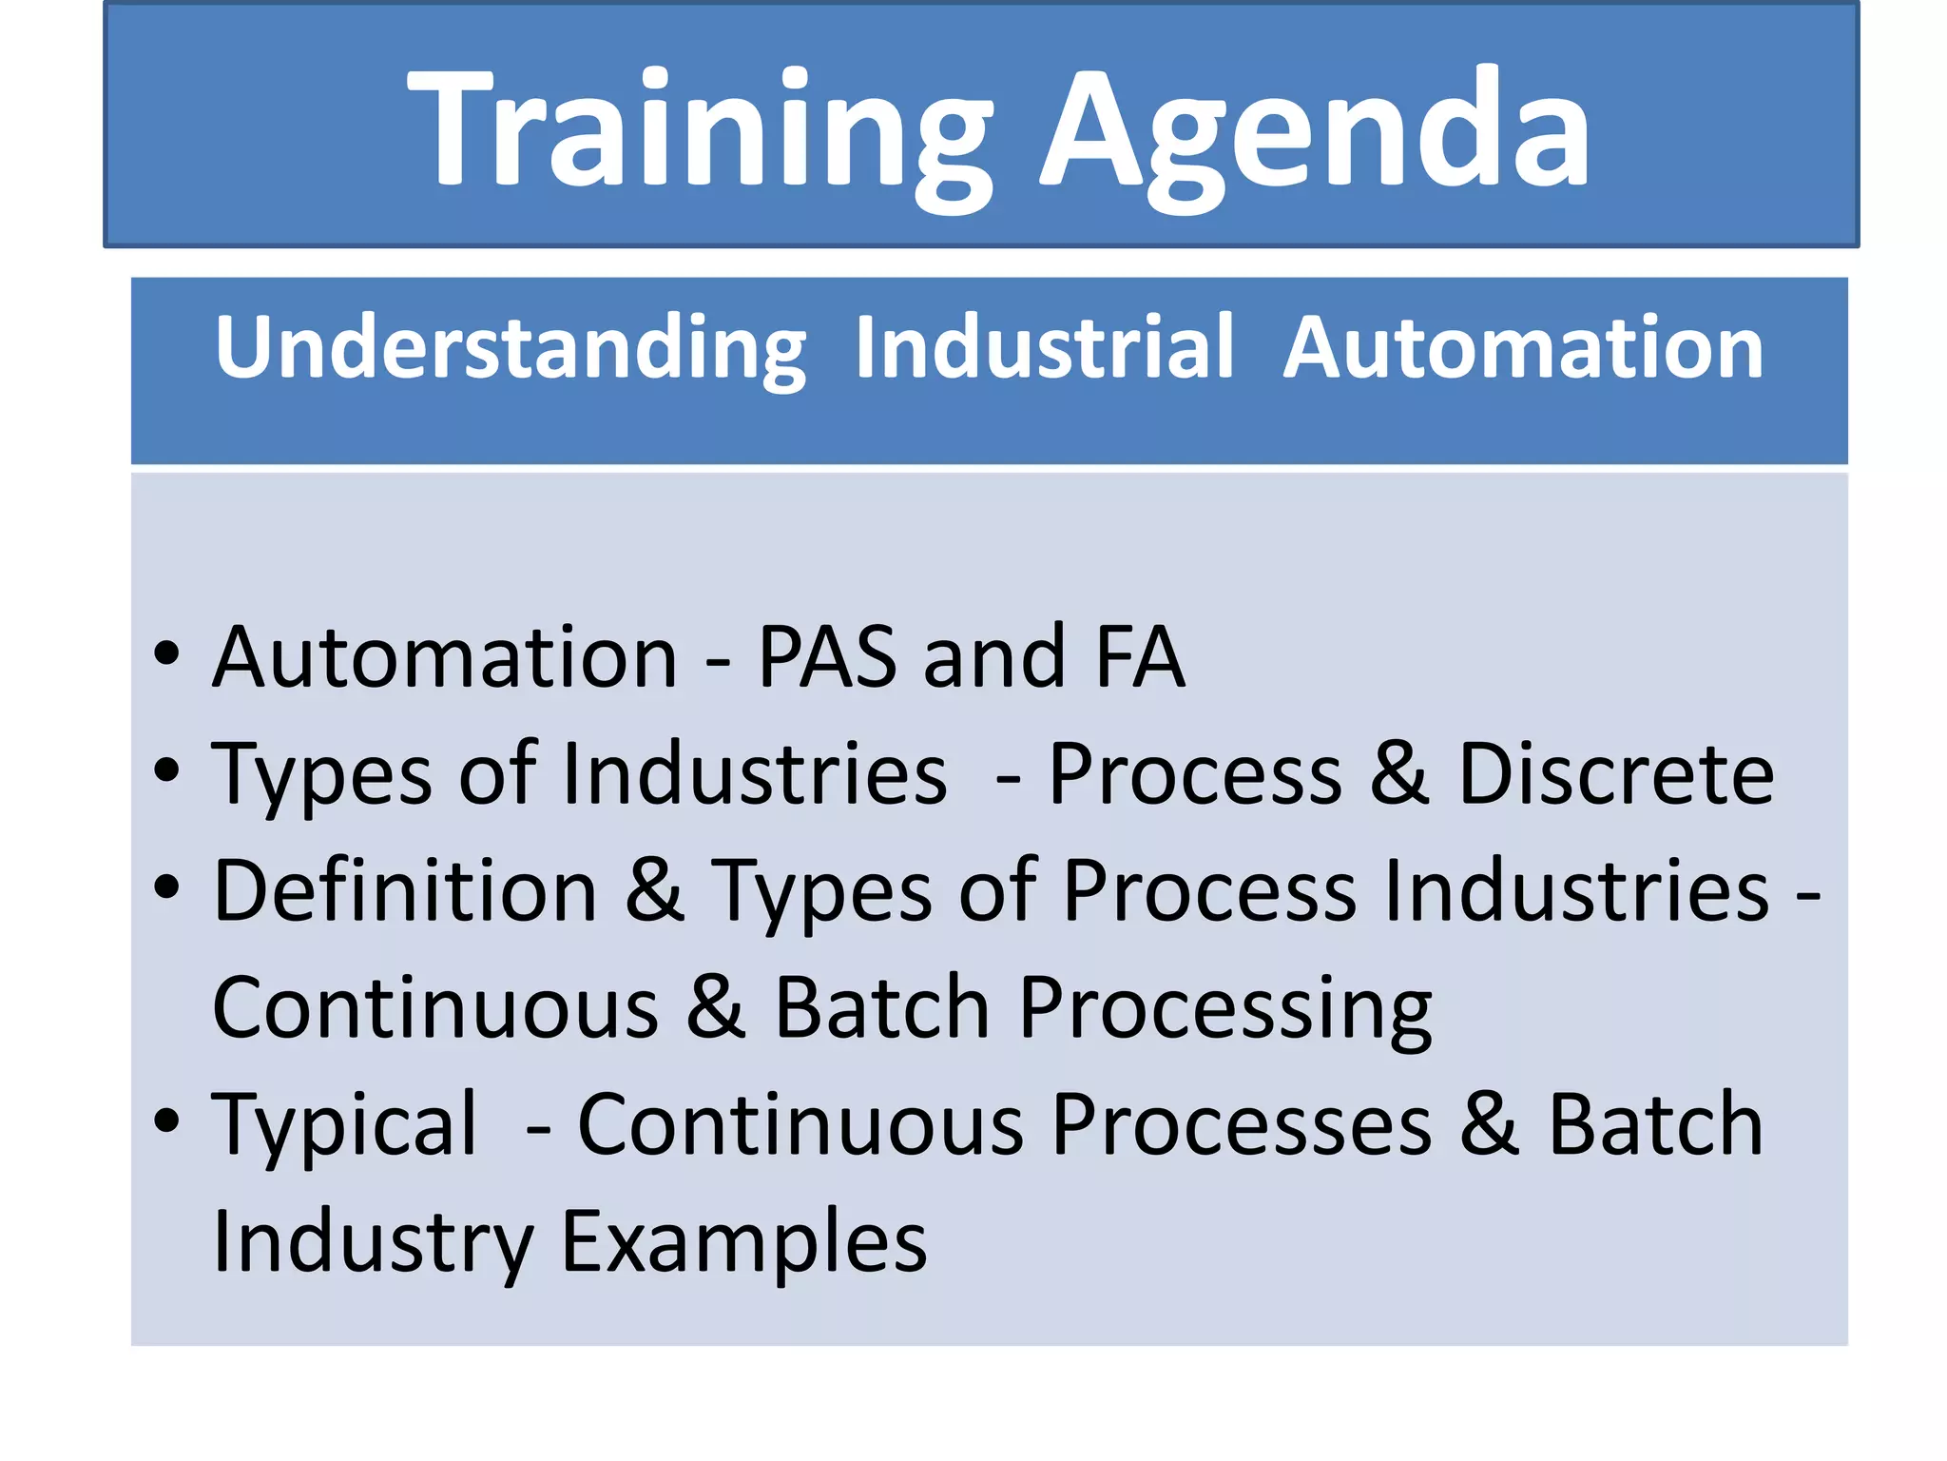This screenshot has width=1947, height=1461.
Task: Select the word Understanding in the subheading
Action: point(511,348)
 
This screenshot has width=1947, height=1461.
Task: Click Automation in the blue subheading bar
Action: point(1523,348)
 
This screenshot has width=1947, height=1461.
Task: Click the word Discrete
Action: point(1615,774)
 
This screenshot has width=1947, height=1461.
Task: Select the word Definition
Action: point(405,891)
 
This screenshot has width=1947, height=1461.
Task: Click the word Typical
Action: point(344,1127)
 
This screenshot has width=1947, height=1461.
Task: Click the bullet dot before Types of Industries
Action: point(166,771)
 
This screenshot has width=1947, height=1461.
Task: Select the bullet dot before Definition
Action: point(166,888)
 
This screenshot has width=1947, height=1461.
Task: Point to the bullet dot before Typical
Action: point(166,1122)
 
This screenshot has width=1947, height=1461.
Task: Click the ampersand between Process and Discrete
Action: point(1399,774)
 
